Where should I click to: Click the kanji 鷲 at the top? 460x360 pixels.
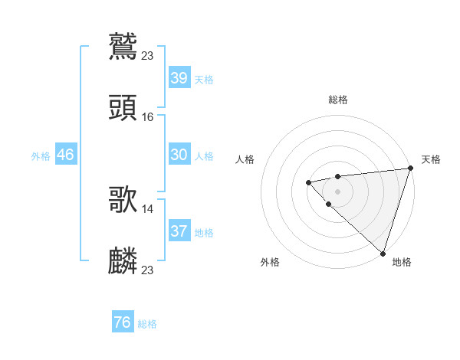[x=123, y=45]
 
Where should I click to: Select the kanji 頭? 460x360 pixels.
[x=123, y=106]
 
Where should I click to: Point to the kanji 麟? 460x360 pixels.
[x=123, y=260]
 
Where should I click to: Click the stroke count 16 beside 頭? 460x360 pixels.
[x=148, y=116]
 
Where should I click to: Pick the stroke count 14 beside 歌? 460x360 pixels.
[x=148, y=208]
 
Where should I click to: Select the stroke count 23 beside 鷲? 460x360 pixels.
[x=148, y=55]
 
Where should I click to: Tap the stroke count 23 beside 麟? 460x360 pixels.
[x=148, y=270]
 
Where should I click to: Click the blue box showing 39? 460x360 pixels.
[x=179, y=78]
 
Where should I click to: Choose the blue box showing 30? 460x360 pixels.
[x=179, y=155]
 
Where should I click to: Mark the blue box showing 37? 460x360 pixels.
[x=179, y=231]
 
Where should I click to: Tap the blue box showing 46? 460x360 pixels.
[x=65, y=155]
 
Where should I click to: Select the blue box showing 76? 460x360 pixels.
[x=123, y=322]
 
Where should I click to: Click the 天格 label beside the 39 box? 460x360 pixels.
[x=204, y=80]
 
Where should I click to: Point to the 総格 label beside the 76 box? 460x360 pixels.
[x=147, y=324]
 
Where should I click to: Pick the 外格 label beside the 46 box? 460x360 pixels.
[x=41, y=156]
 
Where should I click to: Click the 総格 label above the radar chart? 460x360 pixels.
[x=337, y=100]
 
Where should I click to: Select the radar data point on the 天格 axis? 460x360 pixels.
[x=410, y=169]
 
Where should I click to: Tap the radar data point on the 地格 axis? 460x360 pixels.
[x=383, y=253]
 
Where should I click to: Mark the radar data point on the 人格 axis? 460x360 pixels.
[x=308, y=182]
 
